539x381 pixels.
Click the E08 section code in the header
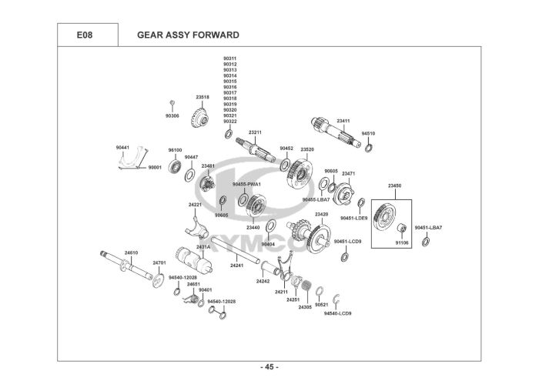[85, 35]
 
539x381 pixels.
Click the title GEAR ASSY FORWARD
[188, 35]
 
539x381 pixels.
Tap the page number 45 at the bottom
[269, 366]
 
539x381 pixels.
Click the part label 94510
[368, 133]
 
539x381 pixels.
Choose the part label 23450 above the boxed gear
[395, 186]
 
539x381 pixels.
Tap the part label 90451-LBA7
[427, 228]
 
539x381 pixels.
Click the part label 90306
[172, 115]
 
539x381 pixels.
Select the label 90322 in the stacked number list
[230, 122]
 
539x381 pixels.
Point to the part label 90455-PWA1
[248, 185]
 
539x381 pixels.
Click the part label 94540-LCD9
[337, 313]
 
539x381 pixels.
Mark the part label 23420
[321, 214]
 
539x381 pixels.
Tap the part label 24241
[236, 265]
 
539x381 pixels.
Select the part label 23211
[255, 132]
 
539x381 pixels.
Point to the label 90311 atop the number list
[230, 58]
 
